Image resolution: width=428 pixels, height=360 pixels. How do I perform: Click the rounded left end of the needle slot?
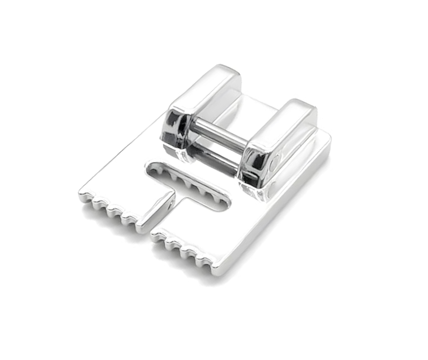tap(151, 168)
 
